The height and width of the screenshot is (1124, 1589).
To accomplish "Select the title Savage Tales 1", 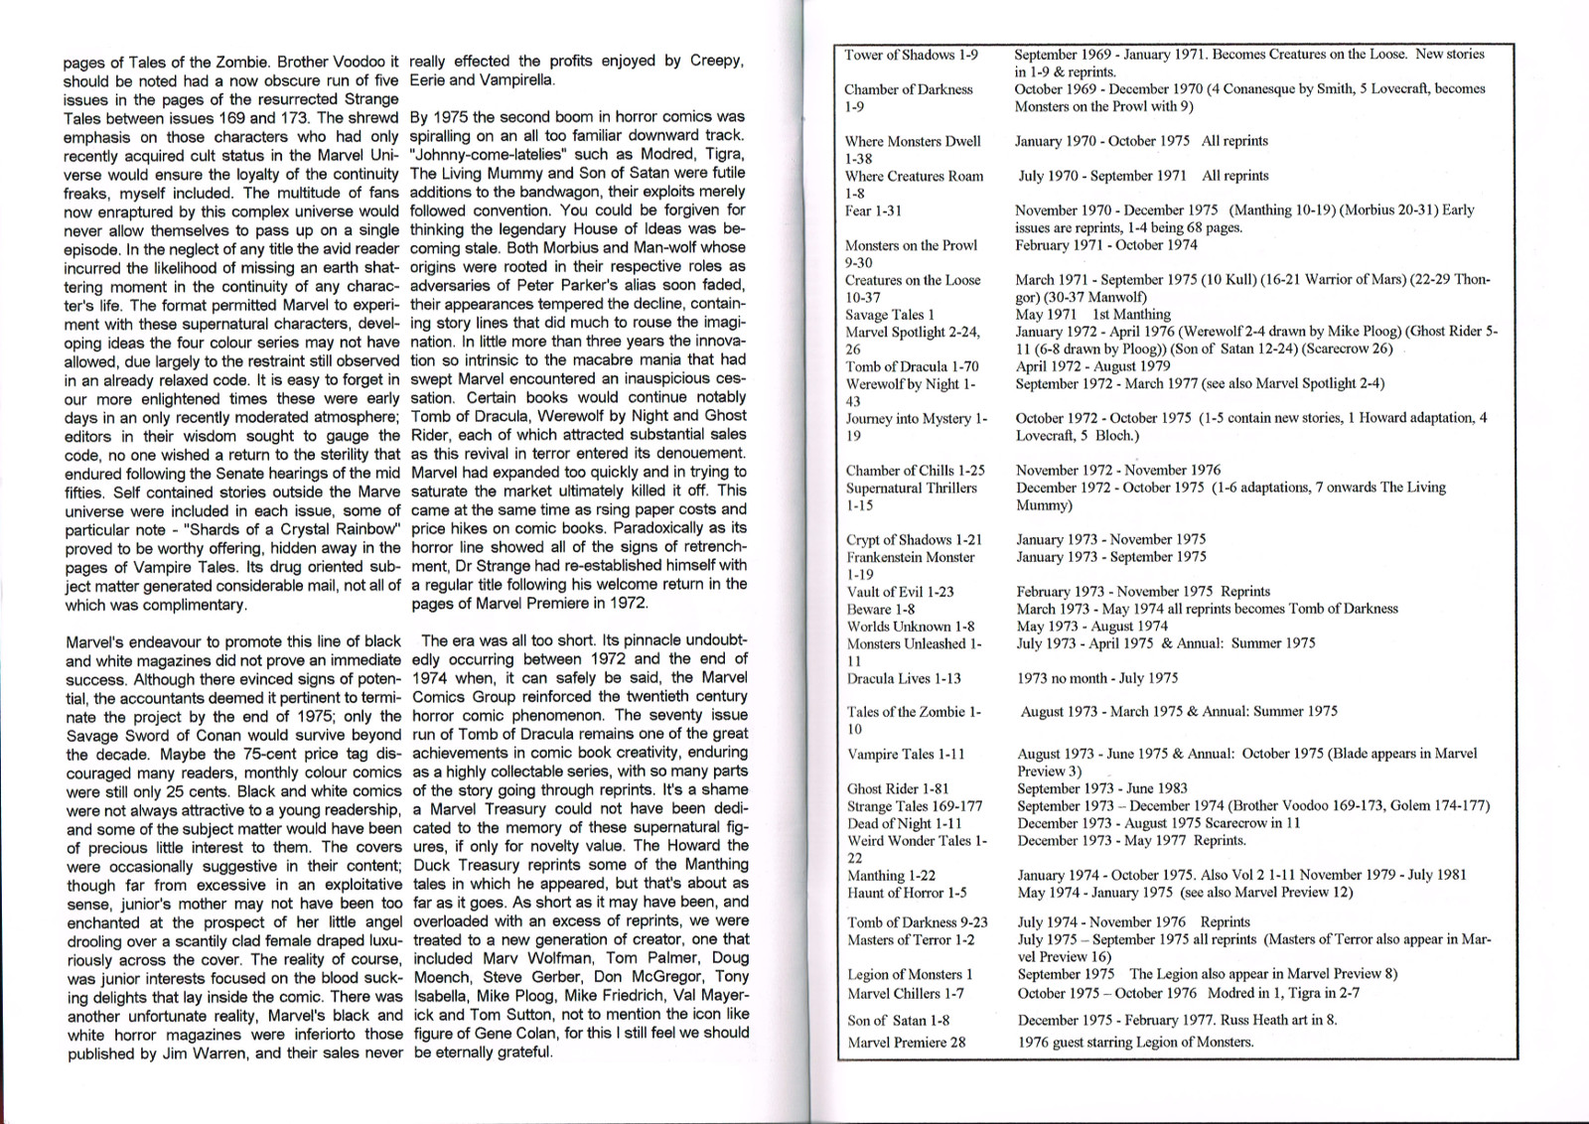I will coord(890,315).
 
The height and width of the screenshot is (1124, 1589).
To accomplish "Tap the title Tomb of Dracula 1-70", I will coord(912,366).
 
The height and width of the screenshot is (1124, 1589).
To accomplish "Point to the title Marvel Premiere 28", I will coord(906,1043).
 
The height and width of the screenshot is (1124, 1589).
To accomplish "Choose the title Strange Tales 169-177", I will coord(915,806).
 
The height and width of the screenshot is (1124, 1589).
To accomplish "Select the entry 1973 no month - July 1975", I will coord(1097,678).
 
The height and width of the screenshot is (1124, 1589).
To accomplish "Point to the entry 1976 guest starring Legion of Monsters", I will coord(1135,1043).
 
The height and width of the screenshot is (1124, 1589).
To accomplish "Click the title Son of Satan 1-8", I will coord(898,1021).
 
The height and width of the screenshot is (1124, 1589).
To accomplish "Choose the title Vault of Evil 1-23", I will coord(900,592).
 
